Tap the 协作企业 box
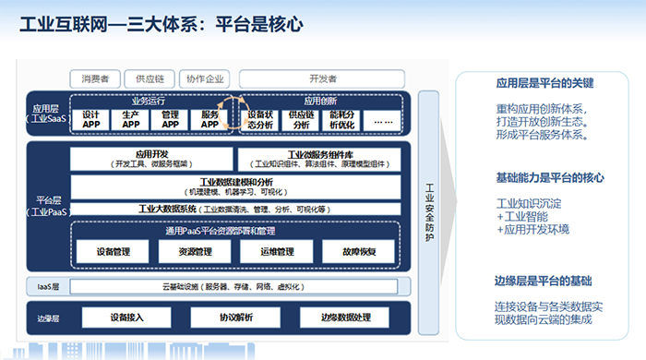coord(204,78)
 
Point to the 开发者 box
coord(320,78)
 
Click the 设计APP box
coord(90,119)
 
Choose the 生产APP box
coord(130,119)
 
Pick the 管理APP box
coord(170,119)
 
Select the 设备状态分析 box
coord(261,119)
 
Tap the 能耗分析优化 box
coord(341,119)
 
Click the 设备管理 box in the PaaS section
coord(113,251)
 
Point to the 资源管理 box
coord(196,251)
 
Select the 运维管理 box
coord(277,251)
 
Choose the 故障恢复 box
coord(357,251)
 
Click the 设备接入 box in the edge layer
coord(126,318)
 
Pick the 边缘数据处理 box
coord(344,318)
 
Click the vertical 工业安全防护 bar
coord(428,212)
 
